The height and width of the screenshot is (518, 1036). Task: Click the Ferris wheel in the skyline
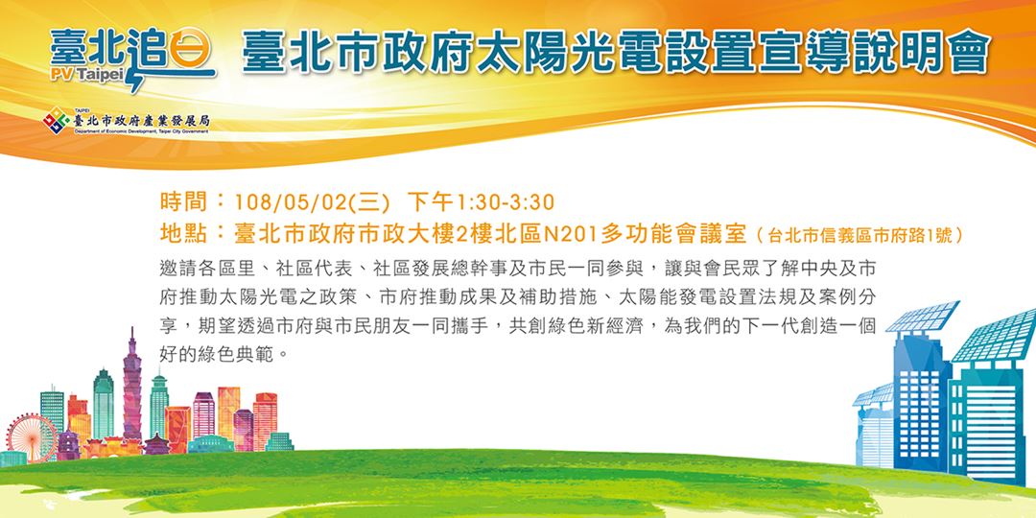[25, 433]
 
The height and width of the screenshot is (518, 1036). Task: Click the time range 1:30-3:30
[506, 202]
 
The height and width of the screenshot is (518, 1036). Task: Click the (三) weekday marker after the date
[369, 202]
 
